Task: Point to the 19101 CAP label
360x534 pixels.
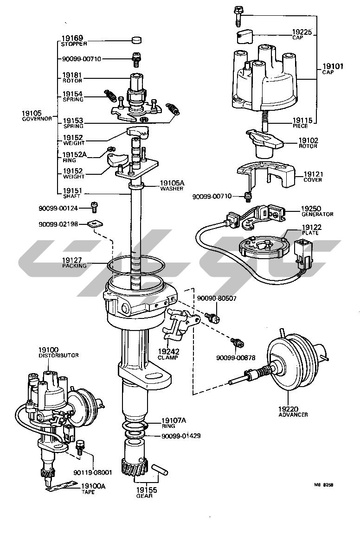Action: pos(333,69)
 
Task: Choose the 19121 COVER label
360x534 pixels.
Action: pos(313,177)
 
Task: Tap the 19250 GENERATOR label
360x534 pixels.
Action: pos(317,211)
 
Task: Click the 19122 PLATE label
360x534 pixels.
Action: pos(311,229)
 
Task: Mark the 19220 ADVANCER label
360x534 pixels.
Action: pos(293,411)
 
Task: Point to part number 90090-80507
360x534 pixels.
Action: pos(217,298)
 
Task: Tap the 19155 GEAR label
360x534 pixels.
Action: pos(147,492)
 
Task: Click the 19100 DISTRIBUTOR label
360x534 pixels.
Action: pos(58,352)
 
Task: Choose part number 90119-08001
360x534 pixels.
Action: pos(92,472)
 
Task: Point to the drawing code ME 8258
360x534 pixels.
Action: pos(323,485)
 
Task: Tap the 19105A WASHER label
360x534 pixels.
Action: pos(172,185)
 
